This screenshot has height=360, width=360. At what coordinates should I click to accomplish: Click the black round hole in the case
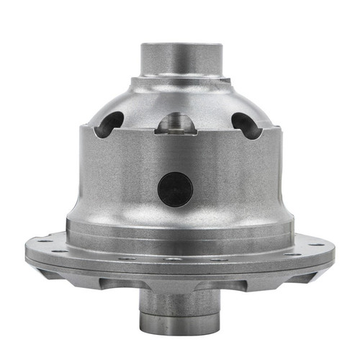(x=175, y=189)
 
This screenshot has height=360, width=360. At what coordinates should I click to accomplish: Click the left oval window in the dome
(x=113, y=124)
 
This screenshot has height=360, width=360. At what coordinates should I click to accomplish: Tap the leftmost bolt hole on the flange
(x=41, y=241)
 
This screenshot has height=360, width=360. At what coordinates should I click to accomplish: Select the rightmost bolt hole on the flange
(x=319, y=242)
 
